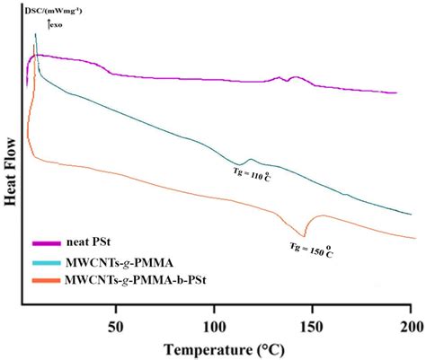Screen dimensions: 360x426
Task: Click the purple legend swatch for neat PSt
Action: pos(46,242)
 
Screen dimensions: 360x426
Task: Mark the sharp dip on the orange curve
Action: pos(304,236)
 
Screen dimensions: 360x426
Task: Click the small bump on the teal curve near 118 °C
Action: pos(249,161)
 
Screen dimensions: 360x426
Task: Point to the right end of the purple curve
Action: pos(396,92)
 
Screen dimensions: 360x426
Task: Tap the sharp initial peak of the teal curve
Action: pos(35,35)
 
